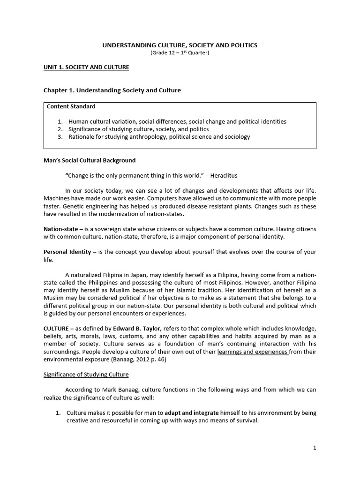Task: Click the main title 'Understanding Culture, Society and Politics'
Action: pos(180,45)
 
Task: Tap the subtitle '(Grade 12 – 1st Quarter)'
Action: pos(180,52)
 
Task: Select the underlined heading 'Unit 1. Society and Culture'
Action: pos(86,67)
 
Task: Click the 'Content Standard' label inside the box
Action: pos(71,106)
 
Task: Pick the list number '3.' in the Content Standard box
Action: pos(60,137)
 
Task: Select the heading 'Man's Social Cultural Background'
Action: pos(90,160)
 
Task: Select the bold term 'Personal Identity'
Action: pos(67,252)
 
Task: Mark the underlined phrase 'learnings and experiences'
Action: pos(253,351)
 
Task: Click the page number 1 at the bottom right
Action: pos(315,448)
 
